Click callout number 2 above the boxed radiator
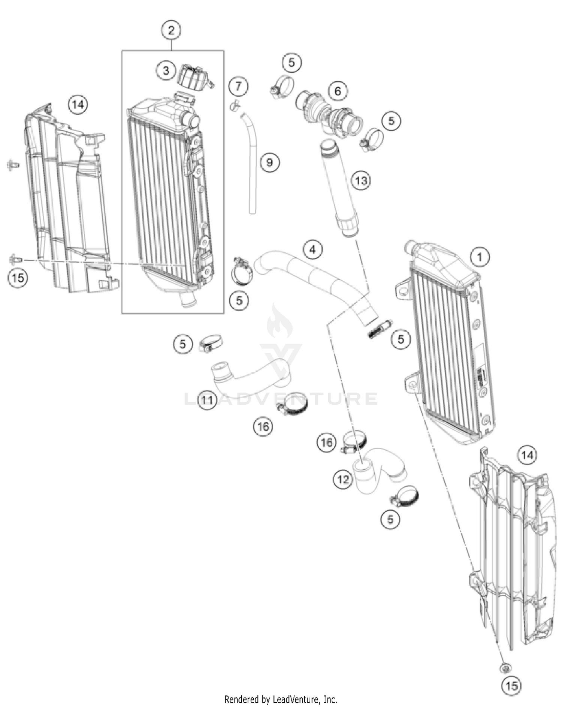click(x=171, y=30)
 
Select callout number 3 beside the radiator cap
click(x=166, y=70)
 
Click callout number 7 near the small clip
click(x=238, y=86)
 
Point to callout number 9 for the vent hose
click(x=269, y=162)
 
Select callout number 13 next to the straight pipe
click(x=361, y=181)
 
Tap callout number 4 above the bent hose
click(x=313, y=249)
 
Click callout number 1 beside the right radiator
click(x=479, y=257)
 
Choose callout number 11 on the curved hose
click(x=207, y=400)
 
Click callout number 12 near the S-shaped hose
click(x=343, y=479)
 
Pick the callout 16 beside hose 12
click(x=326, y=442)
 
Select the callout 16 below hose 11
click(x=263, y=426)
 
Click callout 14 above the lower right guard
click(x=527, y=455)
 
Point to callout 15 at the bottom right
click(x=511, y=685)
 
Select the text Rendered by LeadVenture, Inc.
click(x=281, y=699)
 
